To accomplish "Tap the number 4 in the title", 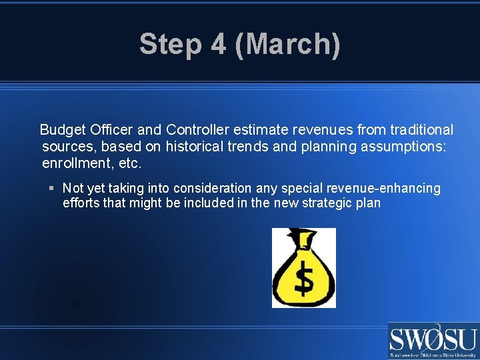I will (x=217, y=45).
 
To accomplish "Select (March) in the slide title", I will (x=287, y=45).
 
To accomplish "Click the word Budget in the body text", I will (x=62, y=129).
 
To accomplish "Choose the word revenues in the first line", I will (x=315, y=129).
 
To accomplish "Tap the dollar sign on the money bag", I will (x=304, y=279).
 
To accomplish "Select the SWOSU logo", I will (x=433, y=341).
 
